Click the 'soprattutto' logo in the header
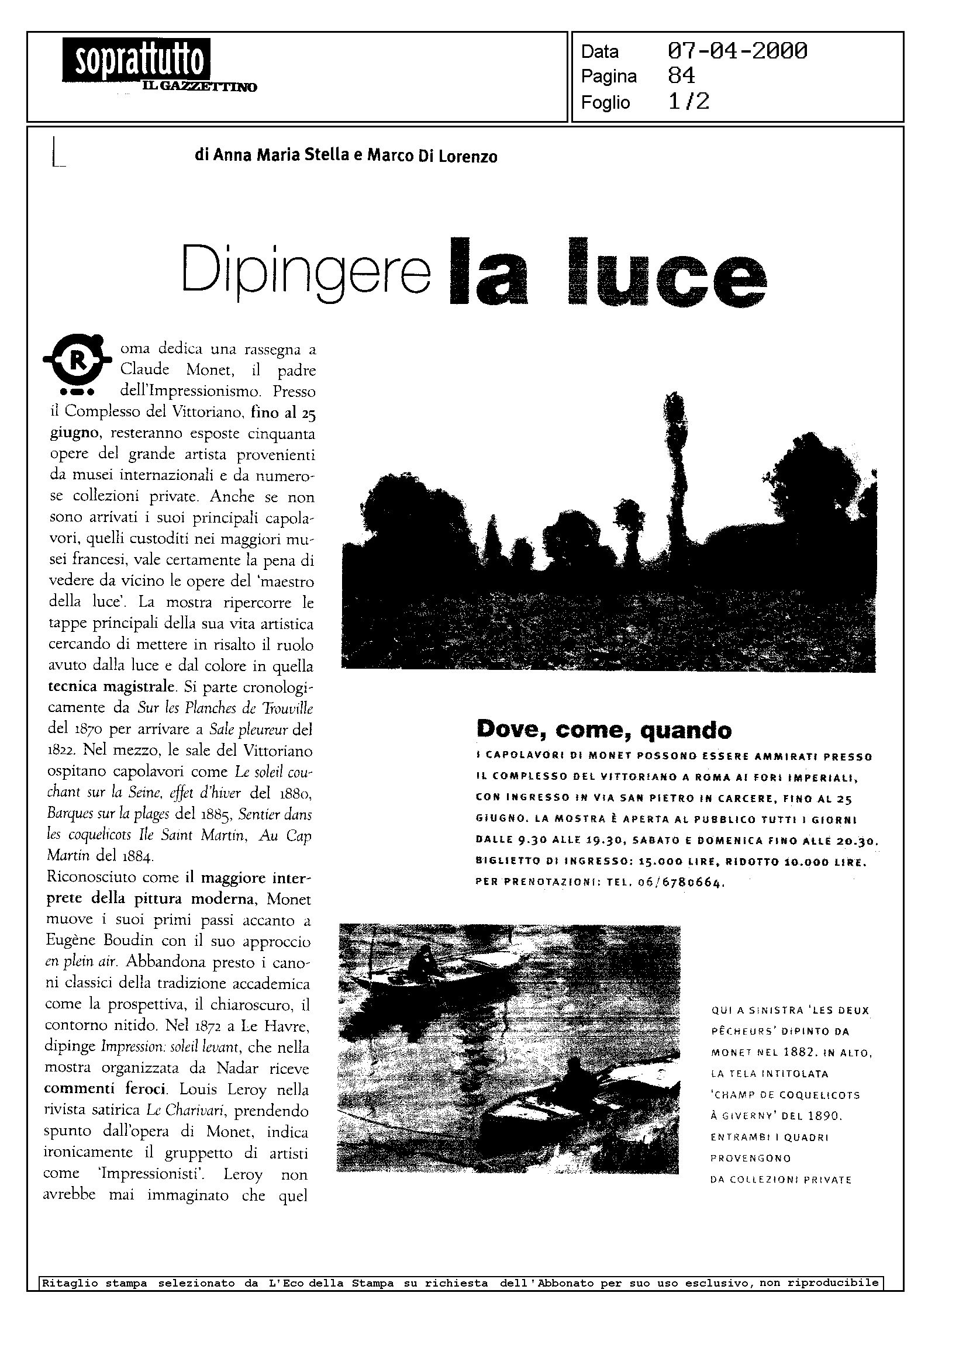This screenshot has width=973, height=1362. [136, 59]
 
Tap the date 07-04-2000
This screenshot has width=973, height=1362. [737, 51]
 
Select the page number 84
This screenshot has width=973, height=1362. [681, 76]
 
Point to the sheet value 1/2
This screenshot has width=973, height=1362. [688, 102]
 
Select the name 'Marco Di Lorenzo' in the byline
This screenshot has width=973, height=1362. [432, 156]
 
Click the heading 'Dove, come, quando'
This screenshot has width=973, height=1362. [603, 730]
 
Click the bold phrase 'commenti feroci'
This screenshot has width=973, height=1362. [104, 1088]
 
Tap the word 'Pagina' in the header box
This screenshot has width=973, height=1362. [609, 77]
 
